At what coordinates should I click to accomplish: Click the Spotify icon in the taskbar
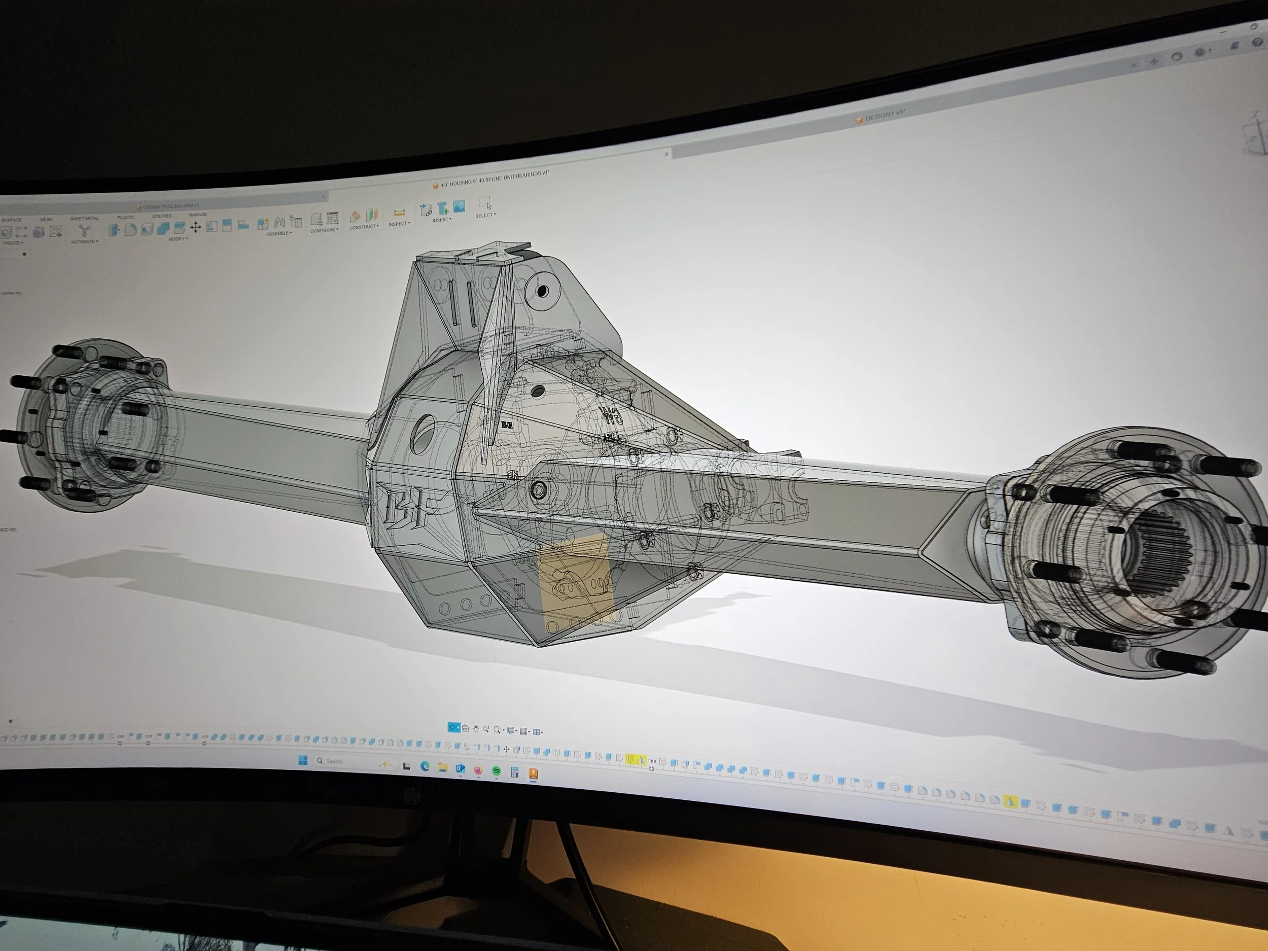497,771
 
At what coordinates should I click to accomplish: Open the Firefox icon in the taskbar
479,770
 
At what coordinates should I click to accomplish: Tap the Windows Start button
303,760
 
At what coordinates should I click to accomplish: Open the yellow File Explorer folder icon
443,767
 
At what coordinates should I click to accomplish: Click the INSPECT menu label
399,224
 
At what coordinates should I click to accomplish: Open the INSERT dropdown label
441,220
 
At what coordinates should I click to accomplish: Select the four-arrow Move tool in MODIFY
195,228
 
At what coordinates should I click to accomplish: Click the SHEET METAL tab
84,219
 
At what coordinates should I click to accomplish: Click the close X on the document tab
666,154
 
